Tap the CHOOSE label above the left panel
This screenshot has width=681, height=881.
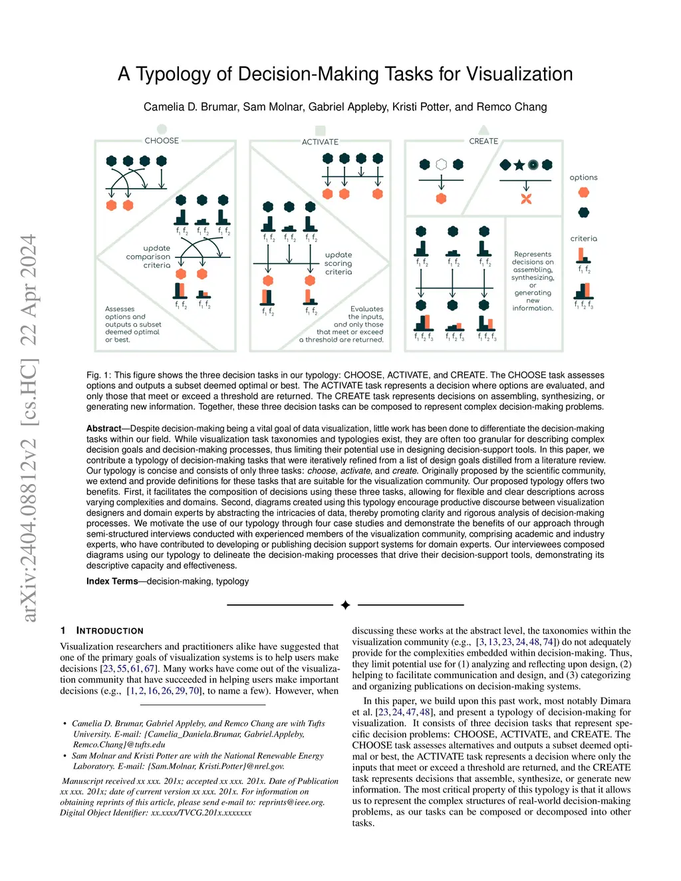[x=162, y=141]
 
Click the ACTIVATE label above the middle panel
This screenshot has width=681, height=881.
[x=320, y=142]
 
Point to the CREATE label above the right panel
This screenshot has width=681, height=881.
[x=483, y=142]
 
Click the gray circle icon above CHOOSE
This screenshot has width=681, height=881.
[x=162, y=129]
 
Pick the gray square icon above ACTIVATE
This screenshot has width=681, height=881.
[x=320, y=130]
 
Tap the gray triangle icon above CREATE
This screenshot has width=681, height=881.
[x=483, y=130]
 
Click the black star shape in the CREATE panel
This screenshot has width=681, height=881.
[x=519, y=165]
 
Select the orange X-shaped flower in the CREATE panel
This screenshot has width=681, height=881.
[x=526, y=199]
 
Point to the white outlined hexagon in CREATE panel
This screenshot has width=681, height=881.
[x=441, y=164]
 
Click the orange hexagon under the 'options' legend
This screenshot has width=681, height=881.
[x=583, y=193]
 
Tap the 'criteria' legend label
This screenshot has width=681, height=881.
[x=583, y=239]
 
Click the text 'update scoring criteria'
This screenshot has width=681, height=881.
[x=339, y=263]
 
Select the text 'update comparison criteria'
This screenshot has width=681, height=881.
[x=149, y=257]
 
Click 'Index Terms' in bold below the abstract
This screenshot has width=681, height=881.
[x=112, y=581]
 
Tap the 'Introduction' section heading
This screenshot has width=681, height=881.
[x=110, y=631]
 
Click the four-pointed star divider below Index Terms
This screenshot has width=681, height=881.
[x=345, y=605]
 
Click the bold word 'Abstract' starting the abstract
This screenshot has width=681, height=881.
[x=104, y=429]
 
